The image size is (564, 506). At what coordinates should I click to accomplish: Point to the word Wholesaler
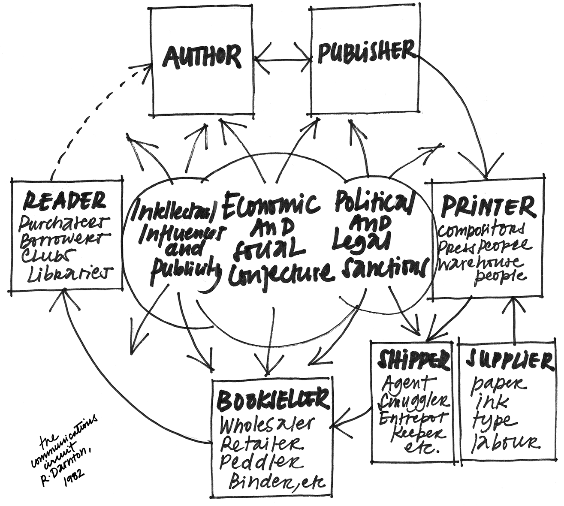point(268,425)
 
